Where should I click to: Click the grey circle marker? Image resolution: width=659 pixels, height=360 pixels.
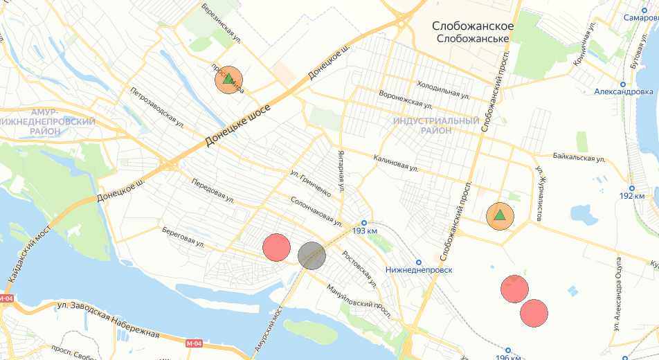[312, 255]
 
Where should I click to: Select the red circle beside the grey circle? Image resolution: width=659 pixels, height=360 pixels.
[276, 247]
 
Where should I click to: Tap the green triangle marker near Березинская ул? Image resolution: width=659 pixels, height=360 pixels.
[228, 80]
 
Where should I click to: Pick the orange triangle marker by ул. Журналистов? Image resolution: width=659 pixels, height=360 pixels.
[500, 216]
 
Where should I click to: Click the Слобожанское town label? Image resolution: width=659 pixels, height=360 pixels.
[473, 26]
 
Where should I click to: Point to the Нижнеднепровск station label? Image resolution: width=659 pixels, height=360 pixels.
[419, 269]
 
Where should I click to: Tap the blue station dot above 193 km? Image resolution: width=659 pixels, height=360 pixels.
[364, 222]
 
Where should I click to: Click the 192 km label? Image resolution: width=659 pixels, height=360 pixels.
[631, 196]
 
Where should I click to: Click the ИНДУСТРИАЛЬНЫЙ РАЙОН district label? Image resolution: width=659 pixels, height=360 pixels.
[436, 125]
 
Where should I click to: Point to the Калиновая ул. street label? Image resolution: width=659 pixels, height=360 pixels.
[395, 163]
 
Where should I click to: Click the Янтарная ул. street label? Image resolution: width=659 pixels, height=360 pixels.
[341, 170]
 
